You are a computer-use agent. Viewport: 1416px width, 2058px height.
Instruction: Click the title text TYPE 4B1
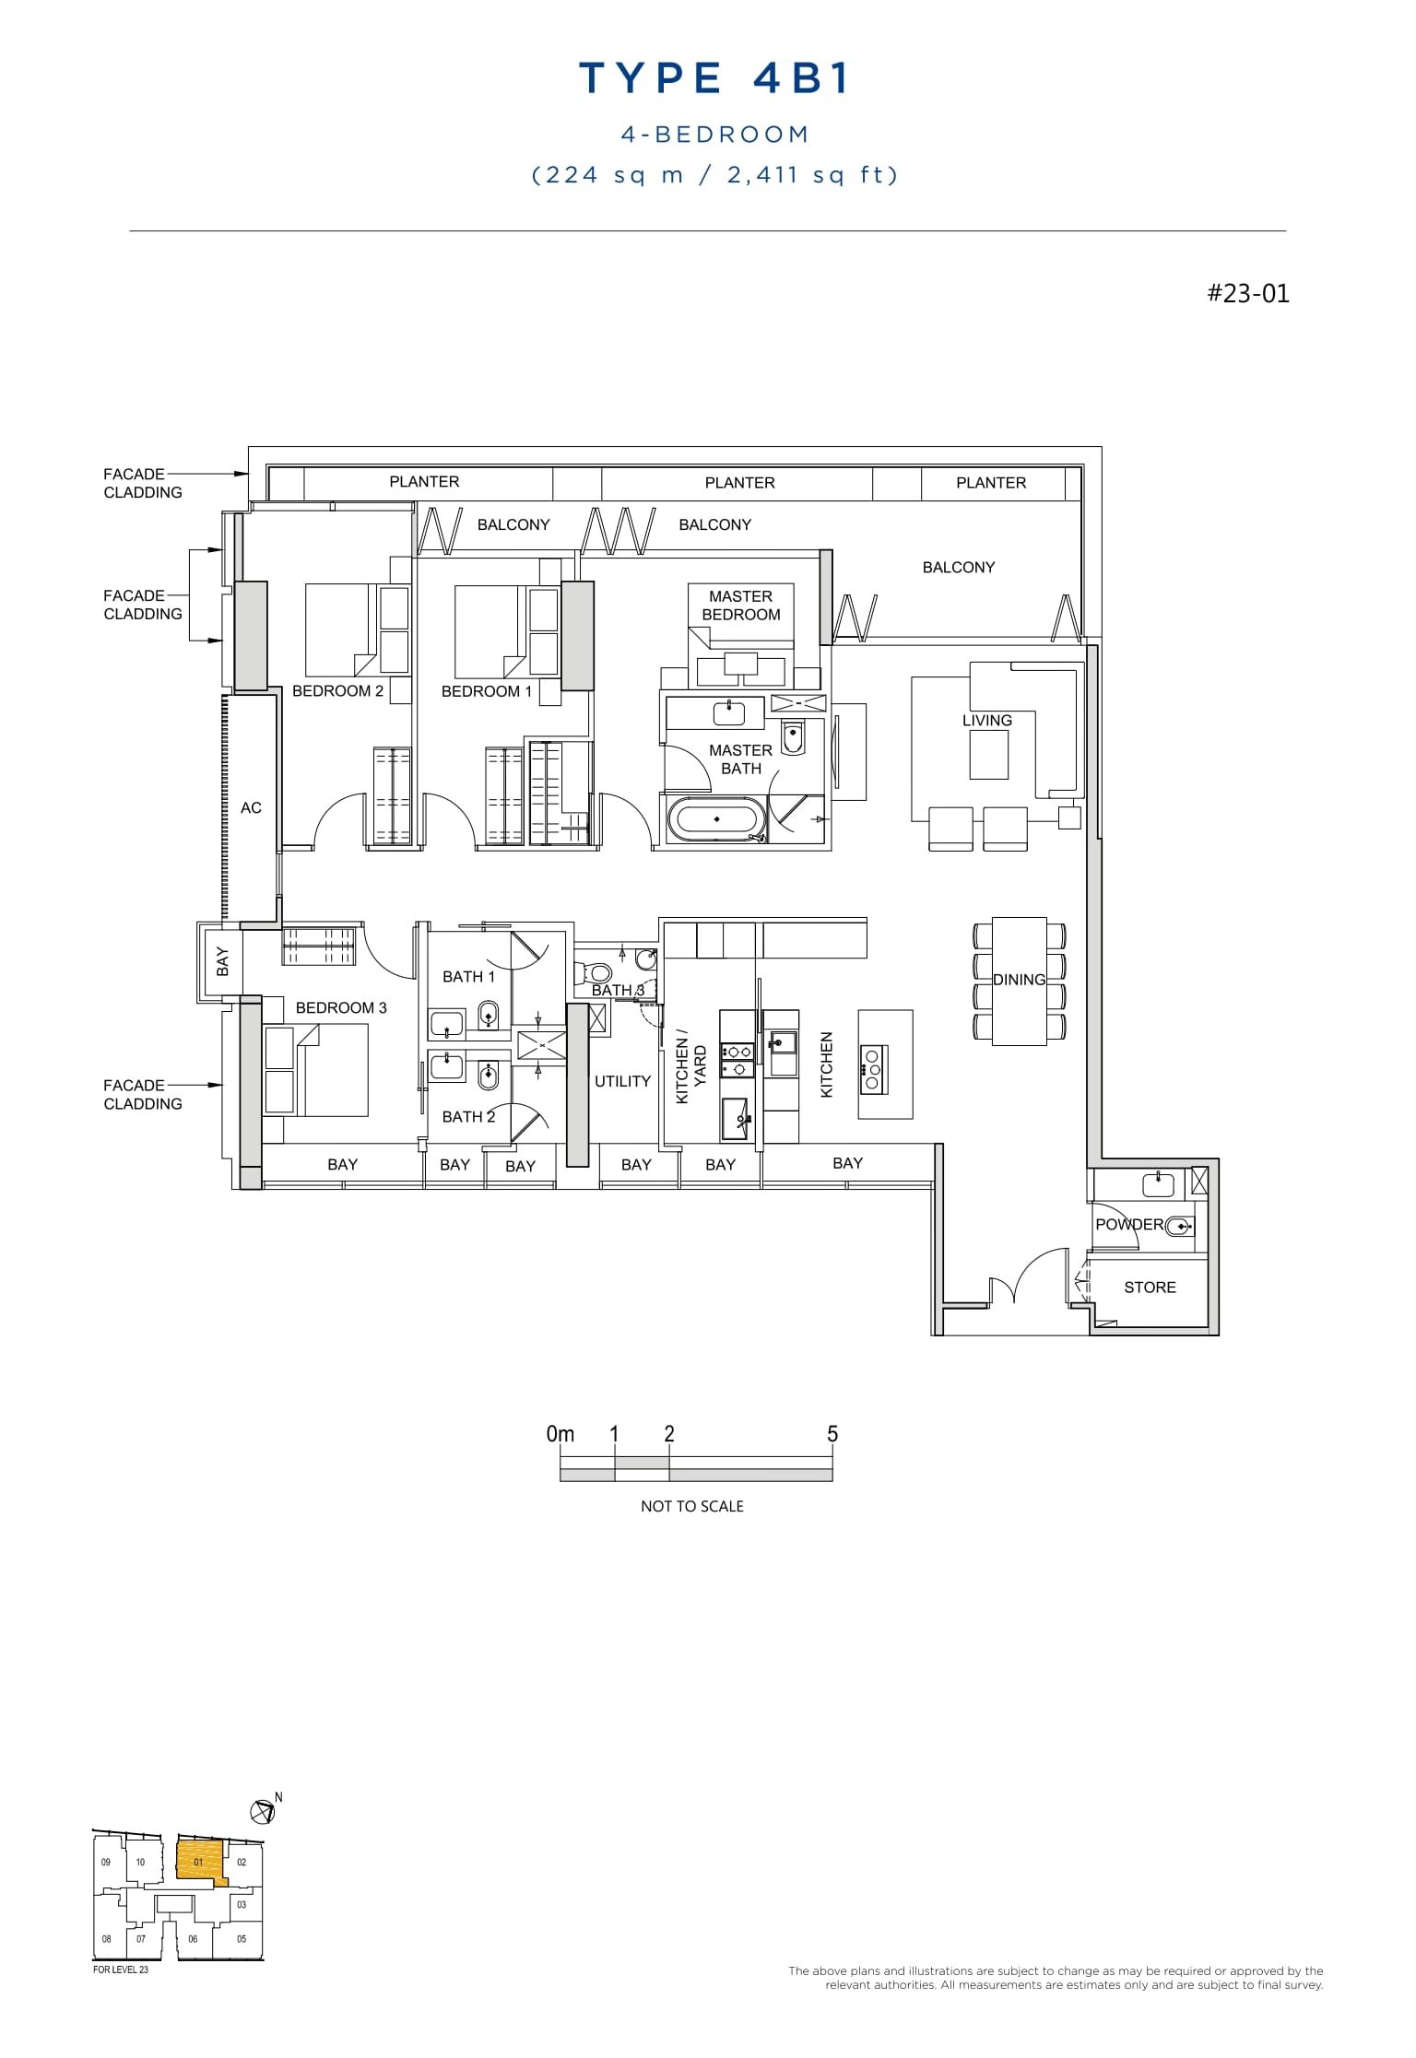(714, 79)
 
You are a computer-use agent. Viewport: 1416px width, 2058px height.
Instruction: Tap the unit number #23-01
(1248, 294)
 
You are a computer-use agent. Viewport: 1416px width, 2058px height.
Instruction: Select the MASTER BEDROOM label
(740, 606)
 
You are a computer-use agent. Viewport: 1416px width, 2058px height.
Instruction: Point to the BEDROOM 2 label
(337, 691)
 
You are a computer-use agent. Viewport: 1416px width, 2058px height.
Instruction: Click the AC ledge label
(251, 808)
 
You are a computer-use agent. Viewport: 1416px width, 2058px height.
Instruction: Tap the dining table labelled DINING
(1019, 981)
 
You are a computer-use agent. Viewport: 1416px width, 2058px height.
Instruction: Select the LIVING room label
(986, 721)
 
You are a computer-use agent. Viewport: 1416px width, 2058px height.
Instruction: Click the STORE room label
(1150, 1288)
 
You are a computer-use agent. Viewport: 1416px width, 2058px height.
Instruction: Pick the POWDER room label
(1128, 1225)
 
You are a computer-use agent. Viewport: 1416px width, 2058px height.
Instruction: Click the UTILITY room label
(622, 1081)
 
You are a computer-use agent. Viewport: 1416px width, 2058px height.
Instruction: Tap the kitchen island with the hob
(885, 1064)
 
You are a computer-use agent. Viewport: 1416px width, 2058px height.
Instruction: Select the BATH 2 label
(468, 1117)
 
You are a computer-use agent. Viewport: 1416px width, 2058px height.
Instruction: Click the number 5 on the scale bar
(832, 1434)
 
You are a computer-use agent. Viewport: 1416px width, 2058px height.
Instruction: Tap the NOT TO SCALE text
(691, 1507)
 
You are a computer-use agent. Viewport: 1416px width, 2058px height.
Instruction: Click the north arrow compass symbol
(263, 1812)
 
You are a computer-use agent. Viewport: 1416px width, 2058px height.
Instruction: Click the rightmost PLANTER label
(990, 483)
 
